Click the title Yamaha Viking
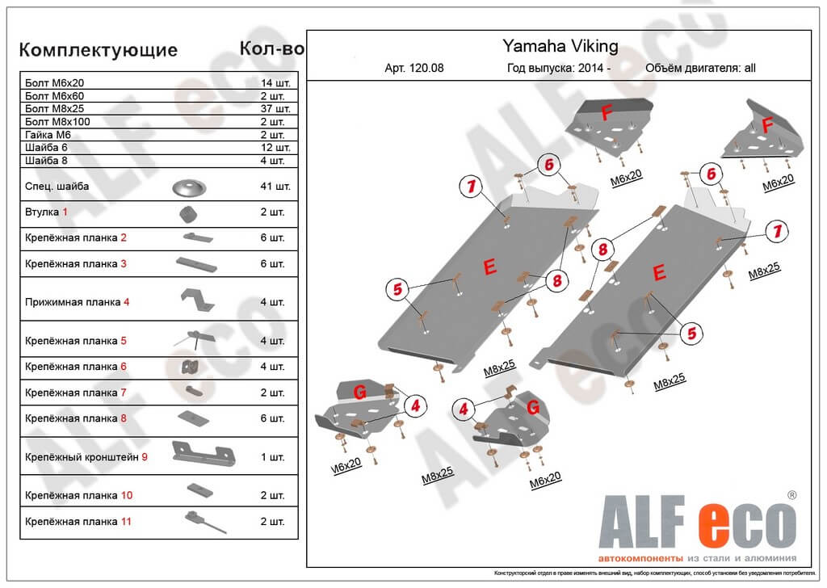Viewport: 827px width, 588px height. (560, 46)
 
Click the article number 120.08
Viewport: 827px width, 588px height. (414, 69)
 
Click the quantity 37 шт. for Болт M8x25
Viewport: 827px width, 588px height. (275, 108)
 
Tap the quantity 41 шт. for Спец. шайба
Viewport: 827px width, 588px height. (275, 187)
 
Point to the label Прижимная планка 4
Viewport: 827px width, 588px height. (77, 302)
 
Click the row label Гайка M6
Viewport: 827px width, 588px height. (48, 135)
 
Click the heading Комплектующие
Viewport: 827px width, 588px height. (98, 50)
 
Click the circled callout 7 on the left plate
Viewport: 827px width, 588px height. (470, 187)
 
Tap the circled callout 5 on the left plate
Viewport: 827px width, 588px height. (397, 288)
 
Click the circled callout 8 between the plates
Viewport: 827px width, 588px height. (600, 250)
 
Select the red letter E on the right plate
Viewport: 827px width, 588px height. (659, 273)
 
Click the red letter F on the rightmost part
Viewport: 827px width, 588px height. (767, 124)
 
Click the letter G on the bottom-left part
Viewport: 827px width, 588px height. (361, 392)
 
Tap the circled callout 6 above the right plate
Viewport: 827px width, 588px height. (710, 174)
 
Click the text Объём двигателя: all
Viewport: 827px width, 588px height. (700, 69)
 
